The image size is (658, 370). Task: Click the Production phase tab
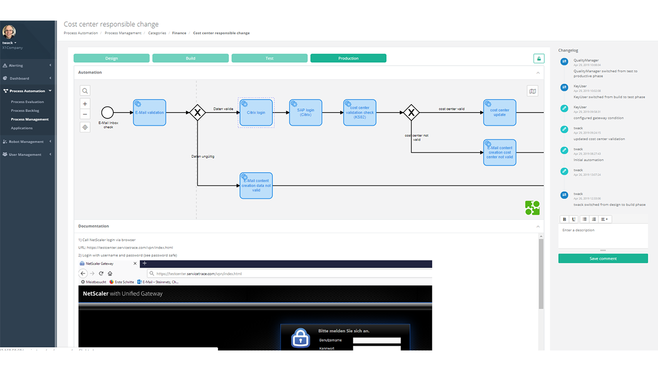348,58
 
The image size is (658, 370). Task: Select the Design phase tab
112,58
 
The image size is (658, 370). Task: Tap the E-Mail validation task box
150,113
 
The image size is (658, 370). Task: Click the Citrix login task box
256,113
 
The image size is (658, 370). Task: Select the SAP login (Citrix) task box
306,113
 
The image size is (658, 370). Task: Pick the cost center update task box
499,113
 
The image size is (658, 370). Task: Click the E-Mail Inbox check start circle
107,113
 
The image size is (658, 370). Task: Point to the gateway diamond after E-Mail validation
197,113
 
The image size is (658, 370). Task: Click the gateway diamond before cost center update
411,113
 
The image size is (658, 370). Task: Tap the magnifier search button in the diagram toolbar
85,91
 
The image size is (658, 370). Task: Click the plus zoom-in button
85,104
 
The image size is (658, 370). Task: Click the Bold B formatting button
564,219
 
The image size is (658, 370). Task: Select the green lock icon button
539,59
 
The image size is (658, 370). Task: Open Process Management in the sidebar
30,119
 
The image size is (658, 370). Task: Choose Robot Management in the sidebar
26,141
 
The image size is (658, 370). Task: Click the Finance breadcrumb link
179,33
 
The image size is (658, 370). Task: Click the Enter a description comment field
602,236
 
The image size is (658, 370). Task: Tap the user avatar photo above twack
9,32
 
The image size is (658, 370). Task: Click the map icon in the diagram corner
533,91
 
